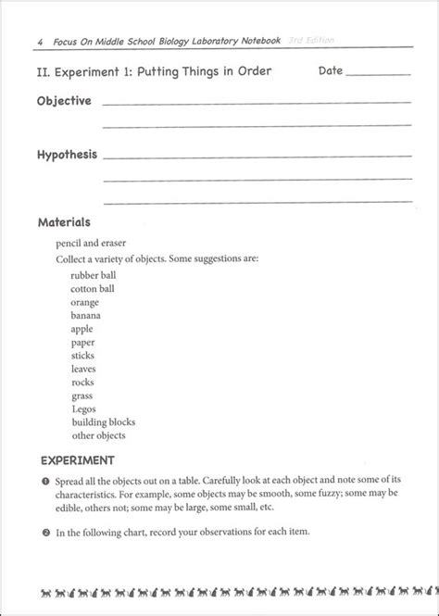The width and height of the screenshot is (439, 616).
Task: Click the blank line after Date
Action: (377, 72)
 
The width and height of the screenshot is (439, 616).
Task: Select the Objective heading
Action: (64, 101)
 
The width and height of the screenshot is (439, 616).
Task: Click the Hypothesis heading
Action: (67, 155)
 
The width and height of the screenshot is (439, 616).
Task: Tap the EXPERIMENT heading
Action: (78, 460)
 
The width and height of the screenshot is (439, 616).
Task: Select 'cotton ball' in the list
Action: (93, 288)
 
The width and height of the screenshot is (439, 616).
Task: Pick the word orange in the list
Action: (85, 301)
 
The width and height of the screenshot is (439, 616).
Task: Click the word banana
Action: (86, 315)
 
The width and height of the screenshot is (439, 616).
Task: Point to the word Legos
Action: (83, 409)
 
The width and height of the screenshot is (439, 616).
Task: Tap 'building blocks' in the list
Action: (101, 421)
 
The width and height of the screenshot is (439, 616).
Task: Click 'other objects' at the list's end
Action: (97, 435)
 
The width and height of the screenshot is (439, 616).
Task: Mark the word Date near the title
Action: (331, 70)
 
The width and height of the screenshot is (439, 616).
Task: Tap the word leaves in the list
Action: (84, 368)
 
